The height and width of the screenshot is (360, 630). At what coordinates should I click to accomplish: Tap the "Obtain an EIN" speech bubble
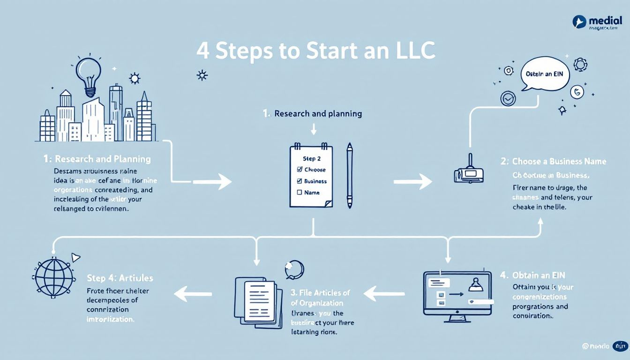(x=544, y=75)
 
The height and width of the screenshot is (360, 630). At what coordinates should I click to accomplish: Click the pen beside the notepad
(x=349, y=175)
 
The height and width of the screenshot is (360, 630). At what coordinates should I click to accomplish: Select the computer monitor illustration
(x=457, y=295)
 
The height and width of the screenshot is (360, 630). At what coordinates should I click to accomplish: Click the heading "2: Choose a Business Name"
(x=554, y=162)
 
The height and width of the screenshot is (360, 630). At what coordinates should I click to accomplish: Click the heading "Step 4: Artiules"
(x=120, y=278)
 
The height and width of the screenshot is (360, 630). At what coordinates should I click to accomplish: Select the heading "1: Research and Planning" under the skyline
(x=97, y=159)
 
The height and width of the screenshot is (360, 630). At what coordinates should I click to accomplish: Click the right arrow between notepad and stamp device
(x=412, y=181)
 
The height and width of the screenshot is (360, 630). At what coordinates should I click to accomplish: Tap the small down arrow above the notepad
(x=314, y=128)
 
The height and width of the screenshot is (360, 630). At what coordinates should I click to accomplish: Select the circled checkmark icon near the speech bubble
(x=508, y=98)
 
